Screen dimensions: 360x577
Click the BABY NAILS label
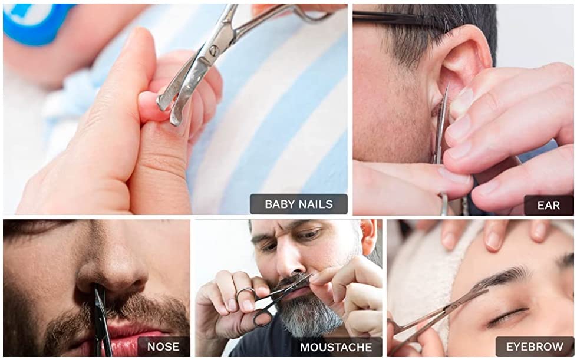point(298,204)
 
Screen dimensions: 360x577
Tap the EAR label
point(548,205)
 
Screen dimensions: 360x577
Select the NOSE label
point(163,346)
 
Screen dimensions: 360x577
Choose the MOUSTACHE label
point(336,347)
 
